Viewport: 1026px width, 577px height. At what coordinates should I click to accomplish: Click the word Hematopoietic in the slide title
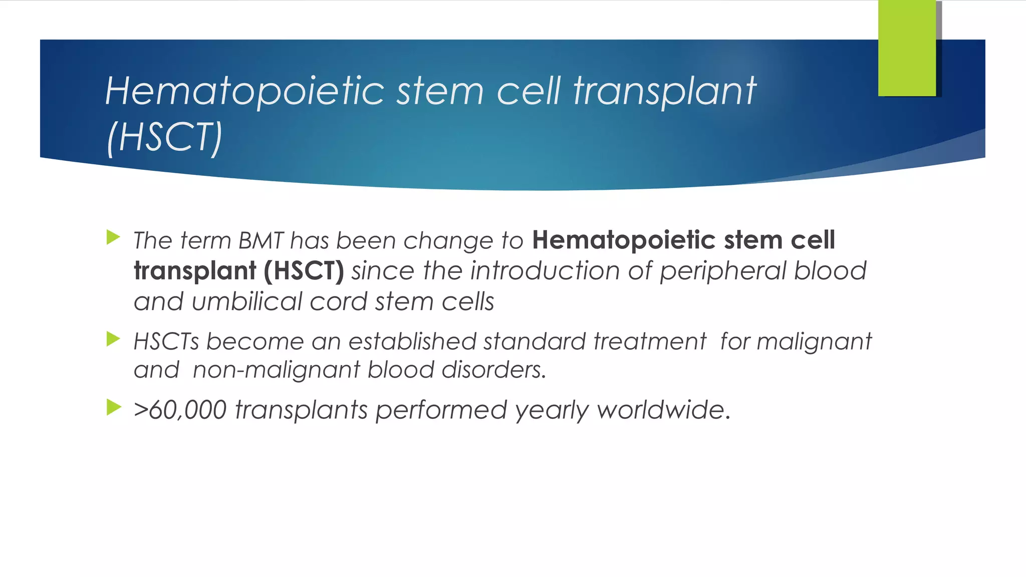tap(244, 91)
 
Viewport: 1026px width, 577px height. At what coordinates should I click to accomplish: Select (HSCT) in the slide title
tap(164, 137)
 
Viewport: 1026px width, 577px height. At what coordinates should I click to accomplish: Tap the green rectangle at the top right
tap(907, 48)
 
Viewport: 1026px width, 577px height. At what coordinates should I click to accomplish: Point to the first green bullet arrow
tap(114, 237)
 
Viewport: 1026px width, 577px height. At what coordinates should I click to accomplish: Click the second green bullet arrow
tap(114, 339)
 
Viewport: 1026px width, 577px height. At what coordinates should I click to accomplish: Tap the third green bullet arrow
tap(114, 407)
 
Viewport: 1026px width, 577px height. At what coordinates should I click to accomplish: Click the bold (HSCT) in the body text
tap(304, 271)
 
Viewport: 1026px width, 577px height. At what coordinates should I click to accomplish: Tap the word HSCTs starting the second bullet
tap(166, 342)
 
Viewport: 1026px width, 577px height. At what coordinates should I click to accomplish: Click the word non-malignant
tap(276, 371)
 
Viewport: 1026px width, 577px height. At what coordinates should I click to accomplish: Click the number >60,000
tap(180, 410)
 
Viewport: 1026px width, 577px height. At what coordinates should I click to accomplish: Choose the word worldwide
tap(663, 410)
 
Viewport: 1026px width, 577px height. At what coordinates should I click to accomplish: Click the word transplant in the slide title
tap(664, 92)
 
